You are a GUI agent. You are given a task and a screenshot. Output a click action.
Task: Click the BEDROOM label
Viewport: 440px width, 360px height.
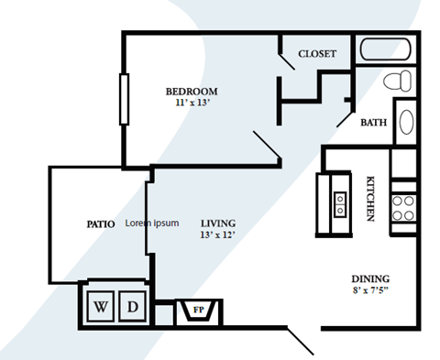pos(191,91)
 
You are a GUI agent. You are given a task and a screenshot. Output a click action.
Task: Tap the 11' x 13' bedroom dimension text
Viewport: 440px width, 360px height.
pos(191,103)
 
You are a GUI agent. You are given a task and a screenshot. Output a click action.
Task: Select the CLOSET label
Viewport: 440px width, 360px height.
pos(317,54)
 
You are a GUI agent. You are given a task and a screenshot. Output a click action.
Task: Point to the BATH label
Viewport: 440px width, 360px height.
pos(373,122)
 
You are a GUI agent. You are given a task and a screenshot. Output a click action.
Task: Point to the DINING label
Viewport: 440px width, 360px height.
pos(371,279)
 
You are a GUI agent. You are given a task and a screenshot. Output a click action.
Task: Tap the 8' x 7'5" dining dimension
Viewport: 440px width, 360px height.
pos(371,292)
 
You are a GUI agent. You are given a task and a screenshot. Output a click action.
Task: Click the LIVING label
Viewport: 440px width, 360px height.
pos(218,223)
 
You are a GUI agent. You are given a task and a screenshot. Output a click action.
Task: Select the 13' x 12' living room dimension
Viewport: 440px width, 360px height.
pos(218,235)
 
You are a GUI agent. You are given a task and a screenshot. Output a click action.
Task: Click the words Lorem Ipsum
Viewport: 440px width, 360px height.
pos(152,223)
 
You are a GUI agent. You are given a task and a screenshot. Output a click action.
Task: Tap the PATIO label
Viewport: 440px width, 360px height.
pos(100,224)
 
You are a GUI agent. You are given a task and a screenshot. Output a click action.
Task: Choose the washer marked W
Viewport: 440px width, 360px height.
pos(99,306)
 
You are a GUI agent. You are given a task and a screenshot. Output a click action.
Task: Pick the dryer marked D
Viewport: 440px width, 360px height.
pos(132,306)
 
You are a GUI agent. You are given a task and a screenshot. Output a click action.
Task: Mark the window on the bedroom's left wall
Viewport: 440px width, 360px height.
pos(122,98)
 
